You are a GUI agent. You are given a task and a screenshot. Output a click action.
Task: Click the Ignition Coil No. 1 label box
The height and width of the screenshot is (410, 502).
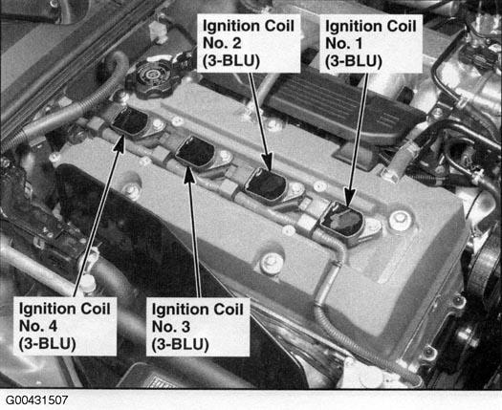pyautogui.click(x=371, y=44)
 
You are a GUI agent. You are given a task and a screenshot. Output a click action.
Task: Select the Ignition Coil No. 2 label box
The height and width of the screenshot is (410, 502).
pyautogui.click(x=249, y=43)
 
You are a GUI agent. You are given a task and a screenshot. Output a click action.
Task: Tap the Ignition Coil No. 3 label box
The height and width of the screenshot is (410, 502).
pyautogui.click(x=198, y=327)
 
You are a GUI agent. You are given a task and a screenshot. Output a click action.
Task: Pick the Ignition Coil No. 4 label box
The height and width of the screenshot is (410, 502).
pyautogui.click(x=65, y=326)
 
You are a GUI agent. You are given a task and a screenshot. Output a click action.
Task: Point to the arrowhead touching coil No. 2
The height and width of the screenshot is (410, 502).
pyautogui.click(x=267, y=161)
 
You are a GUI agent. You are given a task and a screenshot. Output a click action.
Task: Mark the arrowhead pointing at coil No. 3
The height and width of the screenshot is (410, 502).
pyautogui.click(x=189, y=175)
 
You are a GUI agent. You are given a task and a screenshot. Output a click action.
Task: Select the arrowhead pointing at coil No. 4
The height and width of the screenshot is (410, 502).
pyautogui.click(x=120, y=143)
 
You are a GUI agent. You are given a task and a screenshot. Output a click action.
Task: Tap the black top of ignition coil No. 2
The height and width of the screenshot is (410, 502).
pyautogui.click(x=266, y=183)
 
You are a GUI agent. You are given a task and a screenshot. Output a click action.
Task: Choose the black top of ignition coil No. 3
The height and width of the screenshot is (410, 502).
pyautogui.click(x=196, y=151)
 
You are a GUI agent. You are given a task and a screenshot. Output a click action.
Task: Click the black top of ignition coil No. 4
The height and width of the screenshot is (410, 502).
pyautogui.click(x=130, y=120)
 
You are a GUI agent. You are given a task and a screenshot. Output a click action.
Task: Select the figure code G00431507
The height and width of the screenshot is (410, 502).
pyautogui.click(x=37, y=400)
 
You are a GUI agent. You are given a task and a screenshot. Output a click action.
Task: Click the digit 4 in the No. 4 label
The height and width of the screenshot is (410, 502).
pyautogui.click(x=53, y=327)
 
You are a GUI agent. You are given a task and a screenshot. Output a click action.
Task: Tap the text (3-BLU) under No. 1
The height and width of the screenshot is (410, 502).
pyautogui.click(x=354, y=62)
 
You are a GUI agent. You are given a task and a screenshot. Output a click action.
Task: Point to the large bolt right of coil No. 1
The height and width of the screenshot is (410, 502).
pyautogui.click(x=401, y=221)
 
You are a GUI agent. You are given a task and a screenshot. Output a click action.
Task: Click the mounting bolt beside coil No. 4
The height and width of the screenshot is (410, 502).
pyautogui.click(x=158, y=125)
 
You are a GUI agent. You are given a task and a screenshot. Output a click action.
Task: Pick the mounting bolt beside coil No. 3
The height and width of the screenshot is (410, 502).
pyautogui.click(x=226, y=156)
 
